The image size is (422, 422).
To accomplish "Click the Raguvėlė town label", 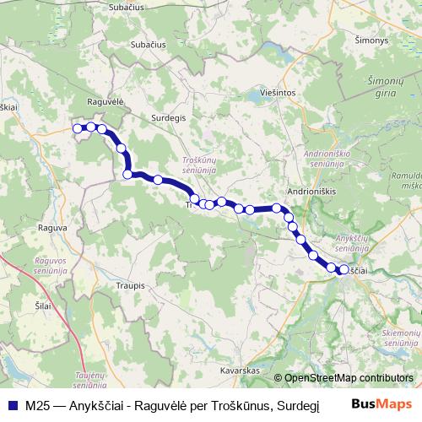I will tap(106, 100).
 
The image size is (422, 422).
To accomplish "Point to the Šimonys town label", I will tap(371, 40).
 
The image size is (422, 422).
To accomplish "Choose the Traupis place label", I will tap(127, 286).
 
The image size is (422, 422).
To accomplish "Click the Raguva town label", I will tap(53, 227).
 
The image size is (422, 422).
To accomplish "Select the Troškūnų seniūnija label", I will tap(200, 164).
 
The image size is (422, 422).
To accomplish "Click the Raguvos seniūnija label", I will tap(51, 266).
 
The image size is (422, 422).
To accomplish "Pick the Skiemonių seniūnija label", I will tap(402, 339).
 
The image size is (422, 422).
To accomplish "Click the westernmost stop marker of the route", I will tap(77, 128).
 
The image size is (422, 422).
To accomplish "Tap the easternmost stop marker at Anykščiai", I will tap(344, 270).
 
